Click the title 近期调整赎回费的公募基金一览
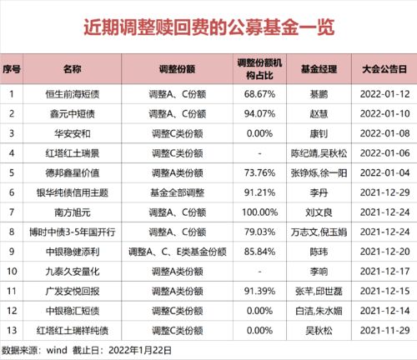(x=208, y=27)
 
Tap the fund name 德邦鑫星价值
(x=68, y=172)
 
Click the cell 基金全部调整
(x=176, y=192)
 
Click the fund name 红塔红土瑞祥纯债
(x=68, y=329)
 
